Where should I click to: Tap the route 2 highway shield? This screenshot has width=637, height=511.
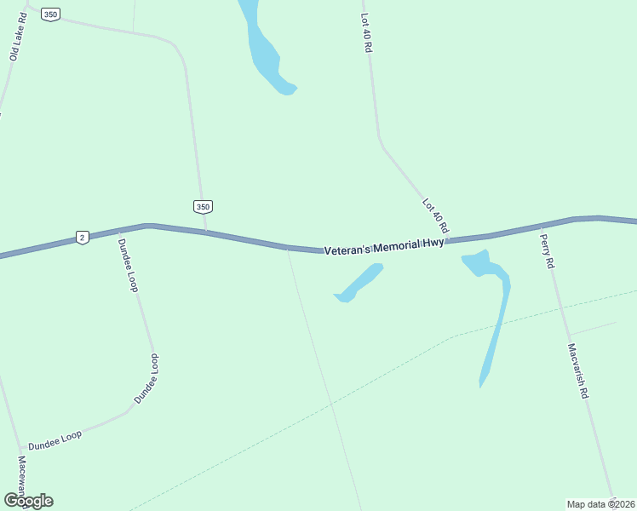[82, 238]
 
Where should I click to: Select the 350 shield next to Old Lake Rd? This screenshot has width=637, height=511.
[51, 14]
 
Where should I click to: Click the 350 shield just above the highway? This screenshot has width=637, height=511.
[202, 207]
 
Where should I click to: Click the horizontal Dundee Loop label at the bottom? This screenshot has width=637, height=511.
[55, 440]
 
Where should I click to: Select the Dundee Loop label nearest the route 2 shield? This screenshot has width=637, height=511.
[127, 265]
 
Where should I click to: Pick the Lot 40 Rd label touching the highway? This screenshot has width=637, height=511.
[435, 216]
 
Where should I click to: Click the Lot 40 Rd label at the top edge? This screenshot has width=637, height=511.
[366, 32]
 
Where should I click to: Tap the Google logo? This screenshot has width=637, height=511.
[28, 501]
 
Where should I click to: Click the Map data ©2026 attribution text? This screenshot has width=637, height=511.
[601, 503]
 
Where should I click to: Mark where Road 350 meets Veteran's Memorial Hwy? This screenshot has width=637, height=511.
[205, 231]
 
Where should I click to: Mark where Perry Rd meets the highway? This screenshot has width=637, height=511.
[542, 226]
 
